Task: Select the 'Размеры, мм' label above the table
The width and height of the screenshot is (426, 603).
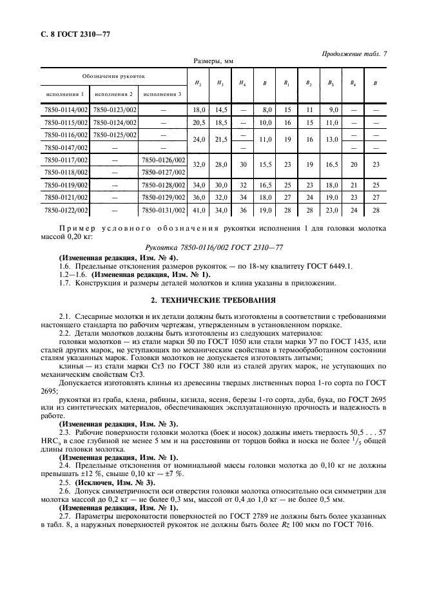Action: pyautogui.click(x=213, y=61)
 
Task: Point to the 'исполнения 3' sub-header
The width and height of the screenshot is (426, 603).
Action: pyautogui.click(x=162, y=94)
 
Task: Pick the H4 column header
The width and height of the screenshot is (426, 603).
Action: pyautogui.click(x=242, y=82)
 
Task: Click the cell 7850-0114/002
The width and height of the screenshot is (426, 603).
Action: pyautogui.click(x=64, y=110)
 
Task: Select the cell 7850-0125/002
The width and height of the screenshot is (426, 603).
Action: pyautogui.click(x=115, y=134)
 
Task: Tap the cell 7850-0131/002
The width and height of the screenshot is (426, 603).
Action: pyautogui.click(x=163, y=209)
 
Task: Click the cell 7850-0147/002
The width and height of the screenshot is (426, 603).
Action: pyautogui.click(x=64, y=147)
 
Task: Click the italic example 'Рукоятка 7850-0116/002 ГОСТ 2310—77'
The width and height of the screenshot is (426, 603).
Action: pyautogui.click(x=213, y=247)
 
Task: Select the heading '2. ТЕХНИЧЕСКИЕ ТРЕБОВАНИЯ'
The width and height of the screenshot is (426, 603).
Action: pyautogui.click(x=213, y=300)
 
